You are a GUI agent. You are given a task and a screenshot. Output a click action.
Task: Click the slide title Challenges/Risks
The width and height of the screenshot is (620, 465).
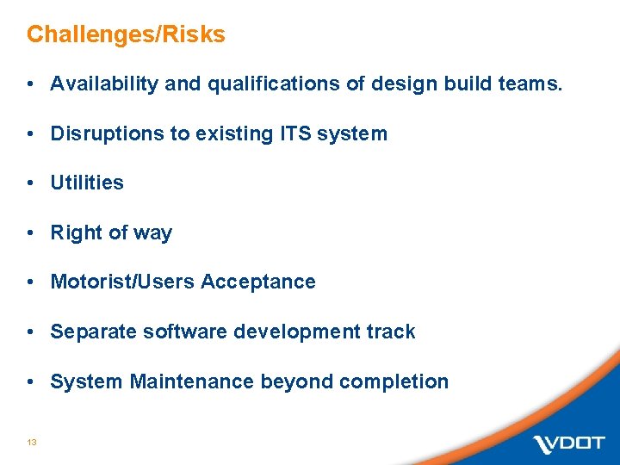coord(126,35)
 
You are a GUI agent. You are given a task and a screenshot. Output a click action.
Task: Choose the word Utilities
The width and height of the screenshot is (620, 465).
coord(87,183)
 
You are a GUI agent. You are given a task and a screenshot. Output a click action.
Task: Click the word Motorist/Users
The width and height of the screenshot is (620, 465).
coord(123,282)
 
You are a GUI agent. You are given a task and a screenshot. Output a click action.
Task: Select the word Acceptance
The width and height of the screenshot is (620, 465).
coord(259,282)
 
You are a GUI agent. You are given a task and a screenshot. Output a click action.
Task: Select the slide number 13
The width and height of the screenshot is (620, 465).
coord(31,442)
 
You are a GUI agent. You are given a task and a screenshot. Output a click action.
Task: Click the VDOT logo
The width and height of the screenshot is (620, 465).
coord(568,443)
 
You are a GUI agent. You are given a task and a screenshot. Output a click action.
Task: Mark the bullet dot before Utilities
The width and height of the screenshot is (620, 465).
coord(30,183)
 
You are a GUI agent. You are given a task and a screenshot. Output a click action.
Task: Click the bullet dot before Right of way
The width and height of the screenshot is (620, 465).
coord(30,233)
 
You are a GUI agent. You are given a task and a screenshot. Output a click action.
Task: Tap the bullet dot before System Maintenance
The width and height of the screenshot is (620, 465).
coord(30,381)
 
